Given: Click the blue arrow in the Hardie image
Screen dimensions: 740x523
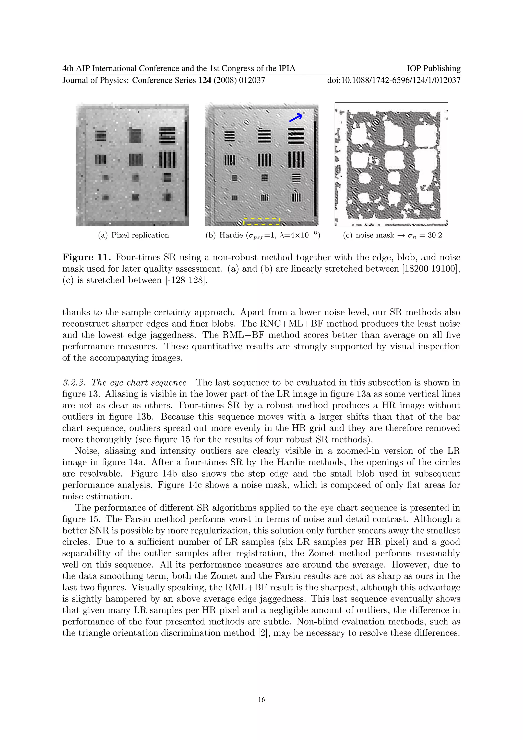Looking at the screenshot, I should pyautogui.click(x=295, y=118).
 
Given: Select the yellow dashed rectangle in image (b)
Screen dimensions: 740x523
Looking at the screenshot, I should pyautogui.click(x=262, y=222).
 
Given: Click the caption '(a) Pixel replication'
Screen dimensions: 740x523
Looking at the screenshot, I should pyautogui.click(x=133, y=235).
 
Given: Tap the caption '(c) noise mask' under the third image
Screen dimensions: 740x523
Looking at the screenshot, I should pyautogui.click(x=369, y=235).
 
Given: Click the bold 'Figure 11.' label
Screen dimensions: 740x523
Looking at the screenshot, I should pyautogui.click(x=87, y=257).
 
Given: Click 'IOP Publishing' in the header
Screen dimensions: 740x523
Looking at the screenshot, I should pyautogui.click(x=433, y=68).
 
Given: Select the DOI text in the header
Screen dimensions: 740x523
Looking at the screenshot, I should pyautogui.click(x=394, y=80).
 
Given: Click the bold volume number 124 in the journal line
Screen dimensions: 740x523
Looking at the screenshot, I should pyautogui.click(x=205, y=80).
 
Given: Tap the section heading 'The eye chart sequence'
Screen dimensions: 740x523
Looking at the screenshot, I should pyautogui.click(x=139, y=383).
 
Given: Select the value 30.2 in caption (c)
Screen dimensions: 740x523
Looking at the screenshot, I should pyautogui.click(x=435, y=235).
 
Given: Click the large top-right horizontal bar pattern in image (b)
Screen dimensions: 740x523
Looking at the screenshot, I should pyautogui.click(x=296, y=136).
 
